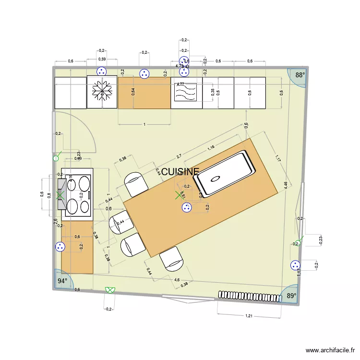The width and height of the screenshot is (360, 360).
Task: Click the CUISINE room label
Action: [x=180, y=172]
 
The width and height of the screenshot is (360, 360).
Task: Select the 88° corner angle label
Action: [x=300, y=75]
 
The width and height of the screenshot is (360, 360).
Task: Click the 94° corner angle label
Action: [x=62, y=281]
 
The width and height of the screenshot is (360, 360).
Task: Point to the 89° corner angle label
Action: [x=291, y=296]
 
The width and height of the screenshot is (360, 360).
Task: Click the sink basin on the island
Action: [x=225, y=174]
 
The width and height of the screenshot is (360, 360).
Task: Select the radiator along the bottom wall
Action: [x=249, y=296]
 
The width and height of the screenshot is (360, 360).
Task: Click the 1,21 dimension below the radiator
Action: [x=249, y=316]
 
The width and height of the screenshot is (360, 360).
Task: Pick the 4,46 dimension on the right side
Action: [x=287, y=186]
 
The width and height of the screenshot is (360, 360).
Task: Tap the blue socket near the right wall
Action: [x=295, y=265]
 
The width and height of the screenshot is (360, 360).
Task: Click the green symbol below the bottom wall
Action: [x=110, y=290]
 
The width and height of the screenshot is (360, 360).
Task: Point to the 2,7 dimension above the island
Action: [x=179, y=156]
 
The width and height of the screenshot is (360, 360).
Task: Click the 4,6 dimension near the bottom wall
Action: [x=177, y=280]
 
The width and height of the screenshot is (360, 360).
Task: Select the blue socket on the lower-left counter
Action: [x=60, y=246]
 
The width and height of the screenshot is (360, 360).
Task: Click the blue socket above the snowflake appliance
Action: [x=102, y=72]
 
